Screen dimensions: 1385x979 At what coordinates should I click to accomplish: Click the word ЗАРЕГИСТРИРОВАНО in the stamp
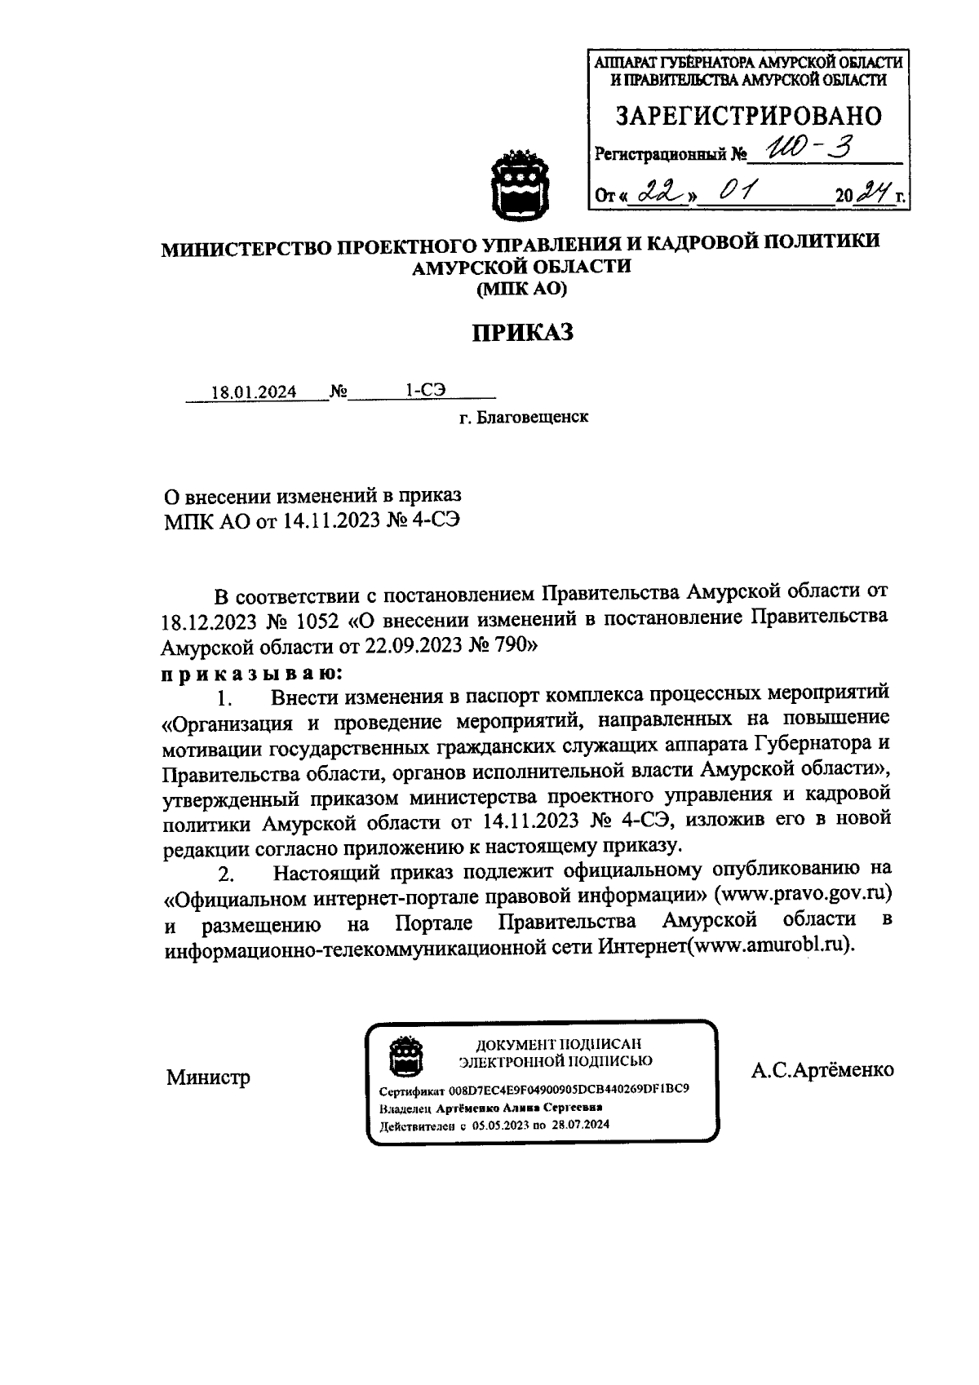[x=748, y=117]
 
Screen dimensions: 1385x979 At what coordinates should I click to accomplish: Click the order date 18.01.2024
[x=254, y=392]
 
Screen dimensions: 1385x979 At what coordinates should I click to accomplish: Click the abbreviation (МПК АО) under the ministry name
[x=521, y=288]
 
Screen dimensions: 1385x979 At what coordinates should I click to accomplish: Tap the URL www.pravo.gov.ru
[x=804, y=893]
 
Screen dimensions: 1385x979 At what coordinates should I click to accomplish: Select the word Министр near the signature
[x=209, y=1077]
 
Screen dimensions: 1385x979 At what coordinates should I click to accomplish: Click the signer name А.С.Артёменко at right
[x=822, y=1069]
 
